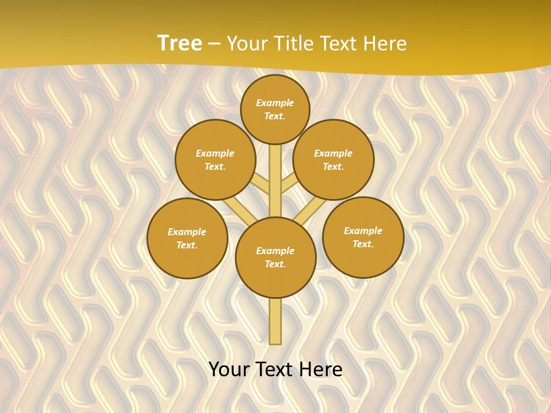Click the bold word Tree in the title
tap(179, 44)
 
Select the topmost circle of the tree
tap(275, 109)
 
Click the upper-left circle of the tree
tap(215, 159)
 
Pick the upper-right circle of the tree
tap(333, 159)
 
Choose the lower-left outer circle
tap(187, 238)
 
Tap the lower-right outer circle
tap(363, 237)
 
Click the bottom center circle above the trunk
tap(275, 257)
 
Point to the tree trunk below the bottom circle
tap(275, 321)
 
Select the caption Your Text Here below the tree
tap(275, 369)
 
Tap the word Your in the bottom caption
tap(229, 369)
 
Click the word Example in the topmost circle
tap(275, 103)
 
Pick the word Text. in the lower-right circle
tap(363, 244)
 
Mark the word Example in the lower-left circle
tap(187, 232)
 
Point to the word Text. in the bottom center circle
tap(275, 264)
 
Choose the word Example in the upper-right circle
tap(333, 153)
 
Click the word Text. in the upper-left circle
tap(215, 166)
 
